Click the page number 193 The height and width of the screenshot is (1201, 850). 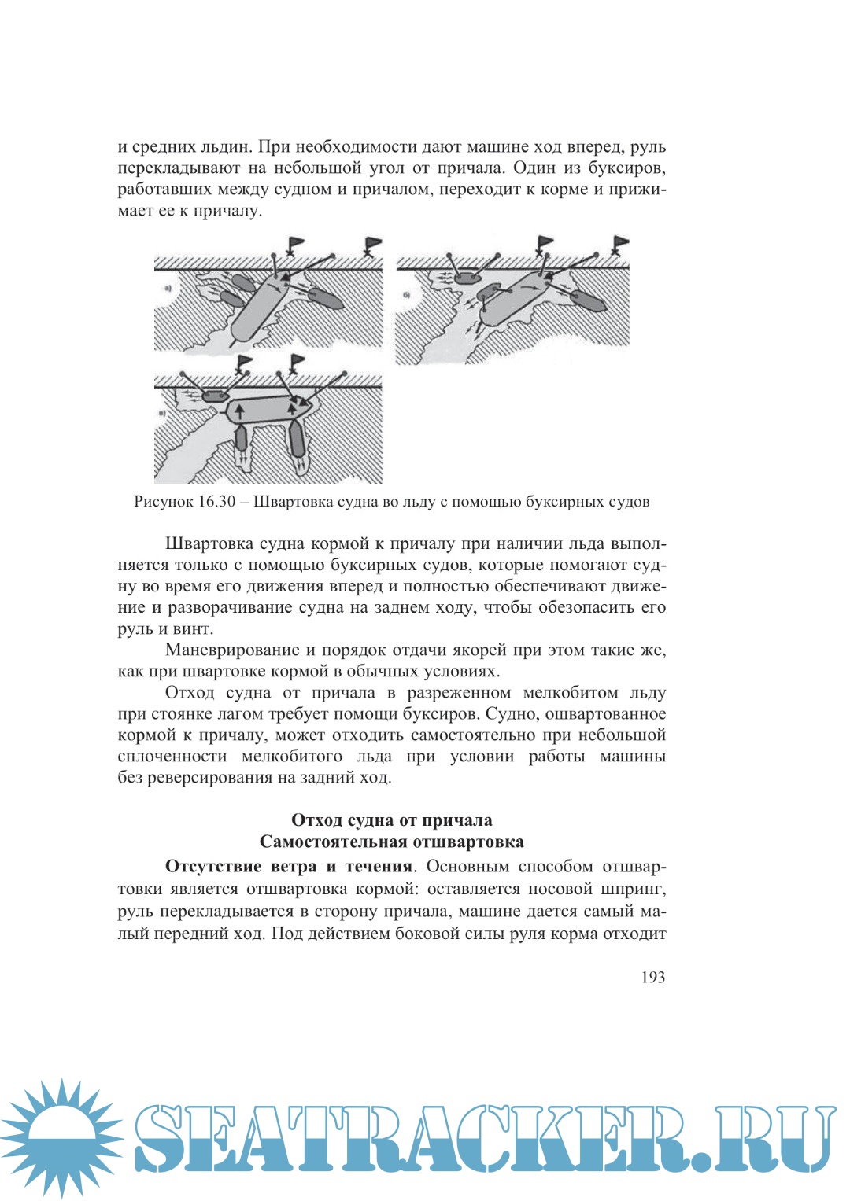click(652, 977)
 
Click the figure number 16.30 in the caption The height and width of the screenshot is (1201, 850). click(216, 502)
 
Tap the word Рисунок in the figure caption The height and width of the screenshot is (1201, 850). click(164, 502)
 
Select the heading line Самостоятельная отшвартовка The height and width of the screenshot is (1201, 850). click(392, 842)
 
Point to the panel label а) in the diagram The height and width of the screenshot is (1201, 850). click(168, 289)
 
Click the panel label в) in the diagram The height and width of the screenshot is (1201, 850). click(162, 412)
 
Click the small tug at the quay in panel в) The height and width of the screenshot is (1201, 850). click(213, 396)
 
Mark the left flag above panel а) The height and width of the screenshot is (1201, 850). click(294, 245)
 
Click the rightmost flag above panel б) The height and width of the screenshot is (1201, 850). click(620, 244)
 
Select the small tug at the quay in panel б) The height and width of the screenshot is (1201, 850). click(469, 278)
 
